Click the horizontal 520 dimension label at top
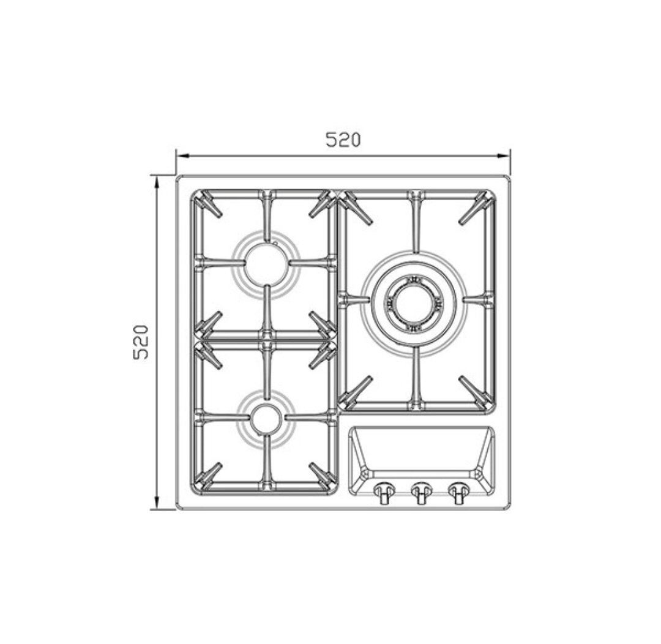pos(343,140)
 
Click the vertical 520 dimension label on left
pos(141,342)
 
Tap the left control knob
pos(384,492)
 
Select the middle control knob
pos(420,492)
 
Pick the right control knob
pos(458,492)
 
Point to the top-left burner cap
pos(266,265)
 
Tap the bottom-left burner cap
pos(266,419)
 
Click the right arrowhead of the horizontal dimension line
pos(504,155)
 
